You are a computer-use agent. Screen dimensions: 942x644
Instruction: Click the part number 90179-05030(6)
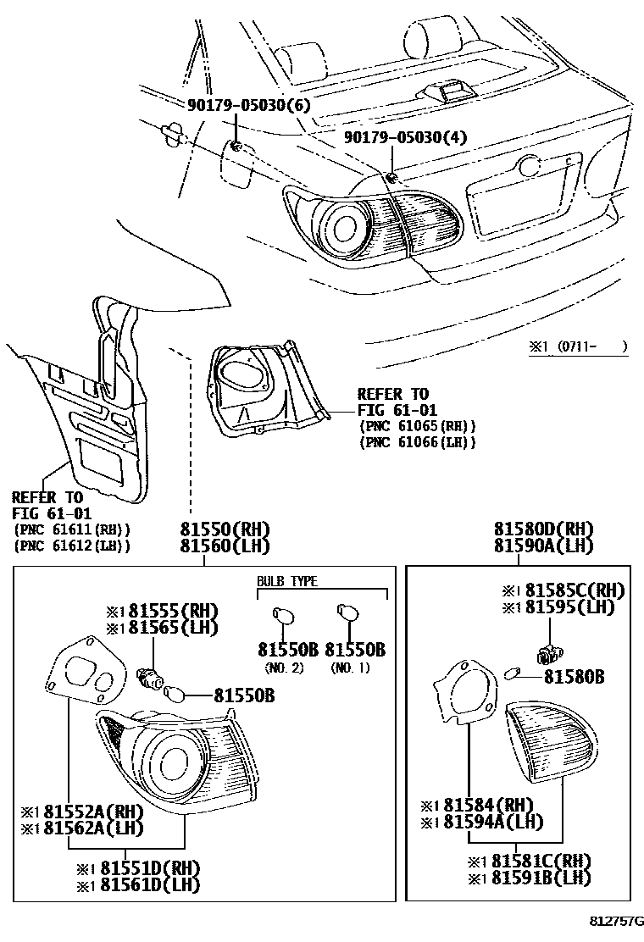[x=249, y=105]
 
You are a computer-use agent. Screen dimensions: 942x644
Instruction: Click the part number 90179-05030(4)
[x=405, y=137]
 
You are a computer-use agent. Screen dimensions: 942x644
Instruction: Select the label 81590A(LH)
[x=544, y=546]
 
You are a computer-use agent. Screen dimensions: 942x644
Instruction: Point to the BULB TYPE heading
[x=287, y=581]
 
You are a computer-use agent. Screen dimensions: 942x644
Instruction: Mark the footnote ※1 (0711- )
[x=579, y=346]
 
